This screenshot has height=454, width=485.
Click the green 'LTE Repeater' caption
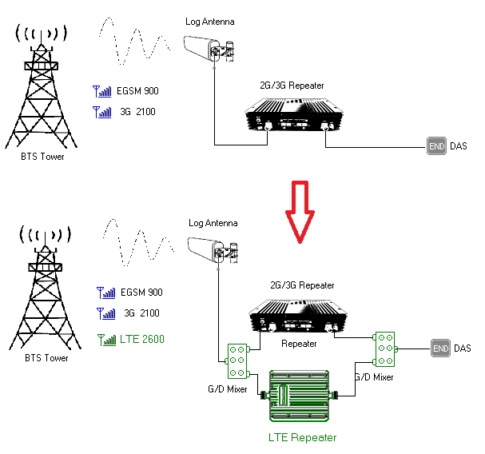click(x=302, y=437)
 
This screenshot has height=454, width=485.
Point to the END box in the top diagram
click(x=436, y=147)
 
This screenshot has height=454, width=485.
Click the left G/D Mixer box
click(x=237, y=361)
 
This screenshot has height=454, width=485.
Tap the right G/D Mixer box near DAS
click(x=387, y=348)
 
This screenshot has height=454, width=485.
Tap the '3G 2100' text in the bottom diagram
click(x=140, y=313)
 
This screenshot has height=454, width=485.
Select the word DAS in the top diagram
click(x=459, y=147)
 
